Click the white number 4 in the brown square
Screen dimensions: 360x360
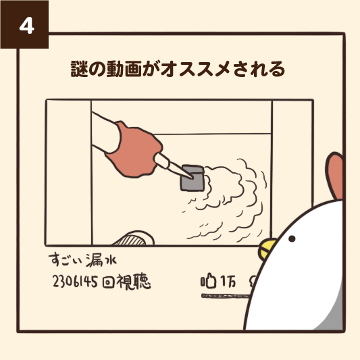tap(27, 26)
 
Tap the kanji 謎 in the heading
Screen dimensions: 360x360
tap(80, 69)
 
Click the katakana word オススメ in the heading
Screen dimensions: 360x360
tap(196, 69)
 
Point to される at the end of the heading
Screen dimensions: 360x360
tap(259, 69)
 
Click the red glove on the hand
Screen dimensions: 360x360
tap(134, 150)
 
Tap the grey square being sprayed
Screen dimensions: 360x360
tap(192, 178)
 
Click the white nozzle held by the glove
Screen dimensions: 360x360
tap(173, 165)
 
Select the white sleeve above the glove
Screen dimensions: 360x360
tap(105, 132)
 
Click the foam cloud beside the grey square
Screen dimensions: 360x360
tap(230, 200)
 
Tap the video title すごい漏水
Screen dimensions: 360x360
tap(83, 260)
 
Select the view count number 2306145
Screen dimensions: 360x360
tap(75, 282)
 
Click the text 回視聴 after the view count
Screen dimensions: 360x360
tap(126, 282)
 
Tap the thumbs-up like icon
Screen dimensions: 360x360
tap(209, 280)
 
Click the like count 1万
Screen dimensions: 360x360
tap(228, 281)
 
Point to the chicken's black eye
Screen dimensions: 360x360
tap(292, 239)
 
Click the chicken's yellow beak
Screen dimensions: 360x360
tap(266, 249)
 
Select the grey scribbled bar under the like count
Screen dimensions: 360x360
tap(225, 296)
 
